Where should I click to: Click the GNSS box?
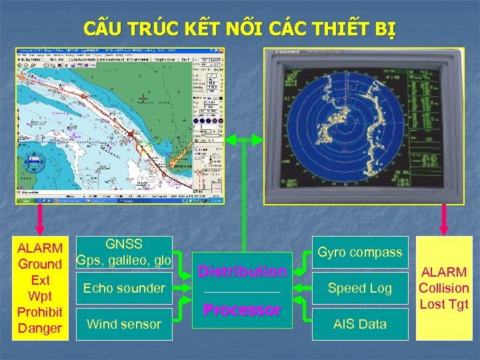[x=124, y=253]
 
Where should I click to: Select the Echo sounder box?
[x=124, y=289]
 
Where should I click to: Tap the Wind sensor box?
[x=124, y=325]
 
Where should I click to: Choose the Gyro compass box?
[x=359, y=253]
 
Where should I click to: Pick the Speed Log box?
[x=359, y=289]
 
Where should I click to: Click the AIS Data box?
[x=359, y=325]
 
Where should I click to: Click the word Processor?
[x=242, y=310]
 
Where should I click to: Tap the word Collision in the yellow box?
[x=444, y=288]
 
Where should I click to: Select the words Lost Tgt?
[x=444, y=305]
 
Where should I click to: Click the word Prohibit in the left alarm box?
[x=40, y=312]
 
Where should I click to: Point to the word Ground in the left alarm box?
[x=40, y=265]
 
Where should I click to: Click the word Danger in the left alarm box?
[x=40, y=328]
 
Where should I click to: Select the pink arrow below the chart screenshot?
[x=40, y=219]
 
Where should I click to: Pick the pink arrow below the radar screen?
[x=444, y=219]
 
